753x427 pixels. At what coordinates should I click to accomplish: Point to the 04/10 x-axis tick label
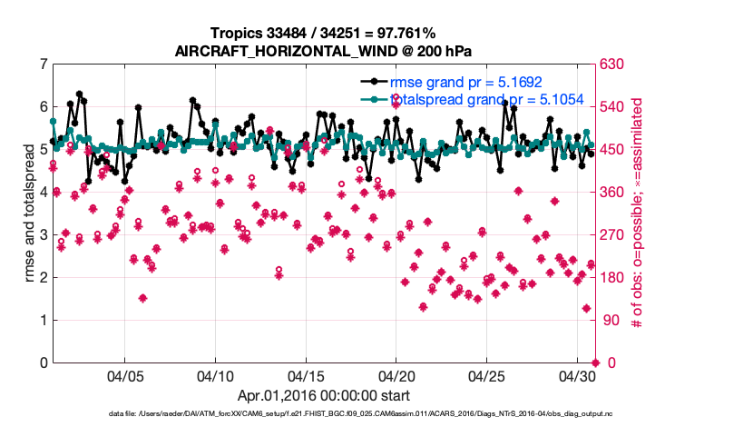point(215,375)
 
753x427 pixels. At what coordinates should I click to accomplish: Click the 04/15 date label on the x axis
point(306,375)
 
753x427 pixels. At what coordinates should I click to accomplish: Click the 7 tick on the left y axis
point(44,65)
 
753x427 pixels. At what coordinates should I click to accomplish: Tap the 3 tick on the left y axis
point(44,235)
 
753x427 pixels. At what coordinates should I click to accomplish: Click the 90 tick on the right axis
point(610,321)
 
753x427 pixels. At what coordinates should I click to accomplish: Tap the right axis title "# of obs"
point(639,213)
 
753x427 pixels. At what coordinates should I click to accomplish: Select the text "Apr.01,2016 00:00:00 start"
point(323,395)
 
